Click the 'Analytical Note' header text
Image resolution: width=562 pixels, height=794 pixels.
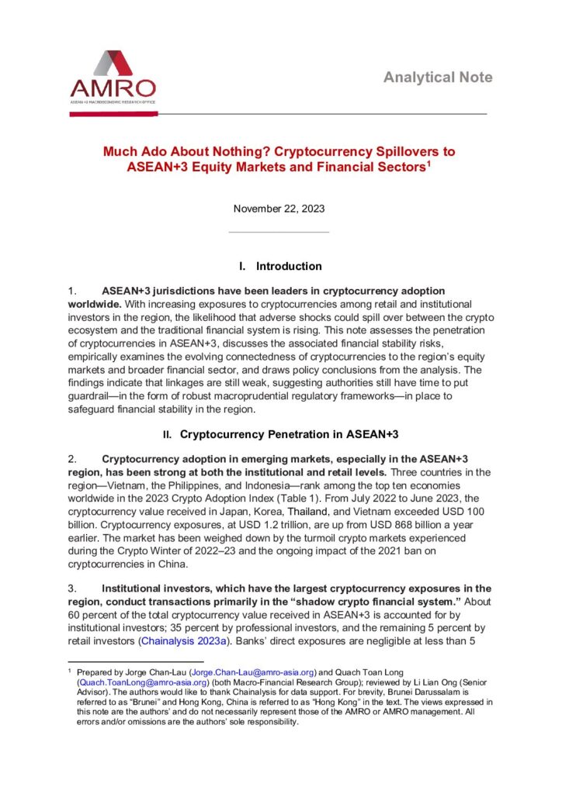pos(438,78)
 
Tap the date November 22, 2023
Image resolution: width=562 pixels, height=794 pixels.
pos(279,209)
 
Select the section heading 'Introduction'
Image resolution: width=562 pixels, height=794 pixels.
pos(289,267)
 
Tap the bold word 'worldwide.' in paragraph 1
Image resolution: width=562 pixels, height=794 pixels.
pos(93,304)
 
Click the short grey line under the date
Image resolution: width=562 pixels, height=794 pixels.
pos(279,231)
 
